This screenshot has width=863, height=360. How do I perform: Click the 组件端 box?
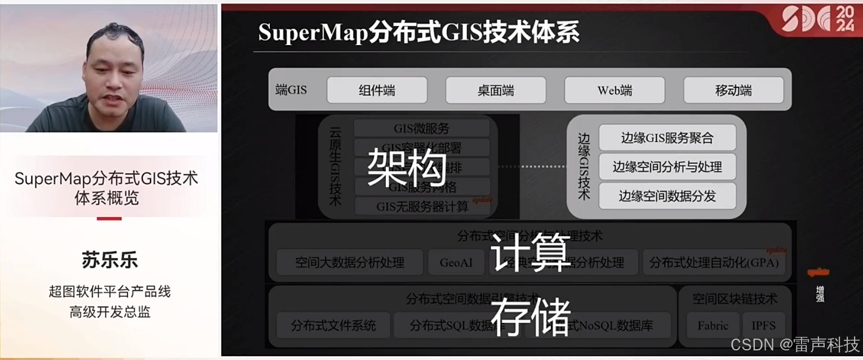point(377,90)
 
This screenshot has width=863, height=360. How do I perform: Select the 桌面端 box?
point(496,90)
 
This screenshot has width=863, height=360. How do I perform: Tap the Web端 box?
point(615,90)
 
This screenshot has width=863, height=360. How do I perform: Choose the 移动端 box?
point(733,90)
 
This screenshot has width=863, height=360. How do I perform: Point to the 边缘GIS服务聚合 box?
point(667,137)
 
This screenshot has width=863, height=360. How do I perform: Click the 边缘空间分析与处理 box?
point(667,167)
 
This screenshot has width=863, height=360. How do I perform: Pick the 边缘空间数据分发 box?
point(667,196)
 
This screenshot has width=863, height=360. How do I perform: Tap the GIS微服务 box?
point(421,128)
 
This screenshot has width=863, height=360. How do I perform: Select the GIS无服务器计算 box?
point(422,206)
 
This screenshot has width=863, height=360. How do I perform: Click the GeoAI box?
point(456,263)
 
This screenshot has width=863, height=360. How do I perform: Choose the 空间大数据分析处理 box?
point(349,263)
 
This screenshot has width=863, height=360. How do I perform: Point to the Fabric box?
point(713,326)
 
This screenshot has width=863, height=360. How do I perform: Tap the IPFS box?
point(763,326)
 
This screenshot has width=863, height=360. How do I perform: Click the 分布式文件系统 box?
point(333,326)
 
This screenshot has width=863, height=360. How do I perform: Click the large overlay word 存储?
point(531,317)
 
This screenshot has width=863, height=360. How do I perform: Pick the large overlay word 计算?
point(531,252)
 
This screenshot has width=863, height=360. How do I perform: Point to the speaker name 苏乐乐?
point(109,260)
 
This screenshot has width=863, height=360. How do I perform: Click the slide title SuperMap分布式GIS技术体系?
point(419,33)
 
